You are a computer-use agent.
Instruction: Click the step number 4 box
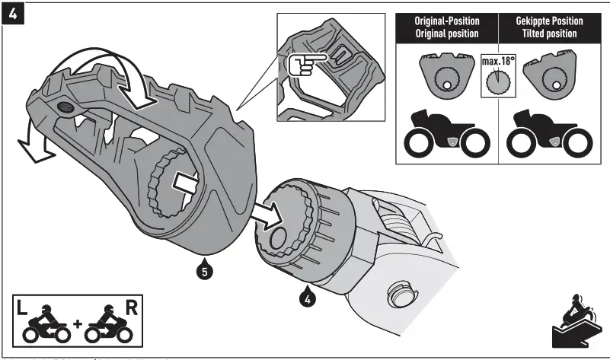tap(13, 13)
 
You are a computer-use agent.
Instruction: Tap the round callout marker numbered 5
tap(203, 268)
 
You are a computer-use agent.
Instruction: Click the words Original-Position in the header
tap(446, 21)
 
